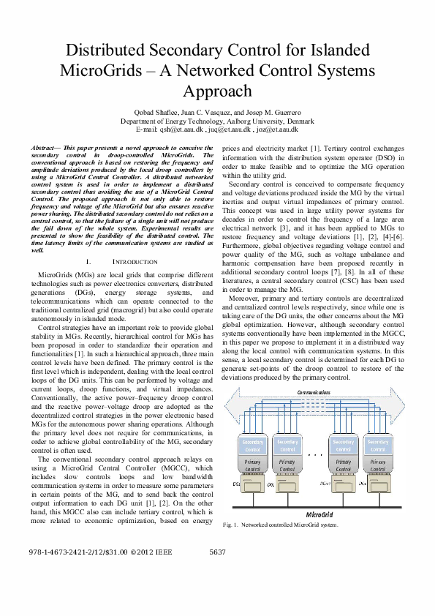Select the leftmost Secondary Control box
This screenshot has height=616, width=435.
click(253, 446)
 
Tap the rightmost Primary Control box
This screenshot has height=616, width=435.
click(379, 465)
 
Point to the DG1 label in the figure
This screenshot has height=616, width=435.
click(236, 484)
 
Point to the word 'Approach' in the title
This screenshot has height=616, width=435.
click(217, 91)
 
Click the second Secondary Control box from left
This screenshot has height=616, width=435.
click(287, 446)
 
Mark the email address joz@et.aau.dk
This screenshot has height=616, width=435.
click(276, 129)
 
